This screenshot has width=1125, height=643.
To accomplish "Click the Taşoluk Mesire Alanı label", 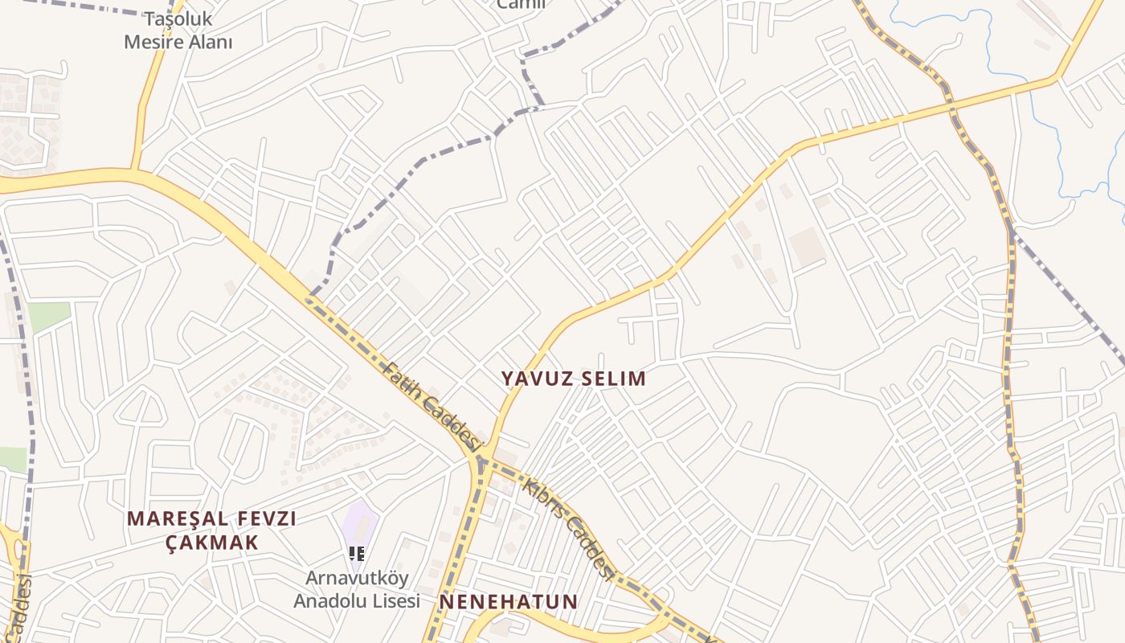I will [x=178, y=31].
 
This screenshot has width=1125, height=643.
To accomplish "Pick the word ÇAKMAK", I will [x=212, y=543].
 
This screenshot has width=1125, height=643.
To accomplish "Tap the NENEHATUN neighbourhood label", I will [x=509, y=602].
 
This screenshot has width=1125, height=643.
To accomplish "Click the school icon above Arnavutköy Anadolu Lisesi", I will [x=357, y=553].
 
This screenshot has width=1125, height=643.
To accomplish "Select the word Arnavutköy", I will [x=357, y=578].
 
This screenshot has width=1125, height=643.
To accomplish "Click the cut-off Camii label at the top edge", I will [x=521, y=5].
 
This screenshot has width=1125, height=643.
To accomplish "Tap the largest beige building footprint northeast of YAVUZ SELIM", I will [x=807, y=248].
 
